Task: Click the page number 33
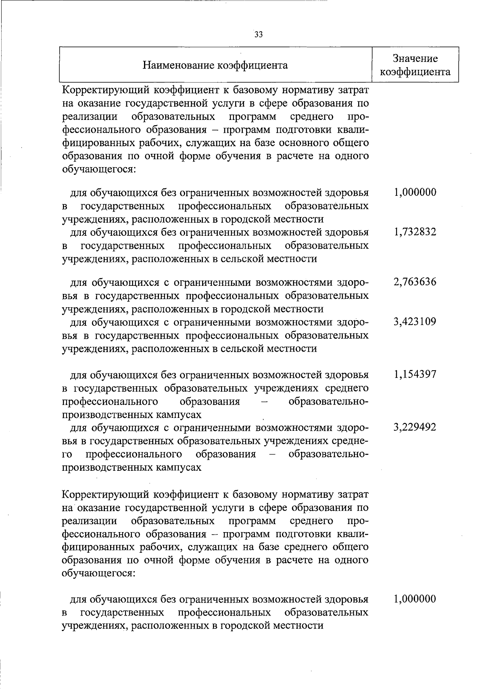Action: pos(259,35)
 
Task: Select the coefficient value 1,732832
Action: pos(415,232)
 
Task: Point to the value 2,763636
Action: pos(415,282)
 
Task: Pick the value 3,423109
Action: pos(415,322)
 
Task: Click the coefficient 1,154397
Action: pos(415,374)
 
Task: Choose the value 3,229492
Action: pos(415,428)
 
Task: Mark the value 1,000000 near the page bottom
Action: pos(415,599)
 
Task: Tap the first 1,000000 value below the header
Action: pos(415,192)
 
